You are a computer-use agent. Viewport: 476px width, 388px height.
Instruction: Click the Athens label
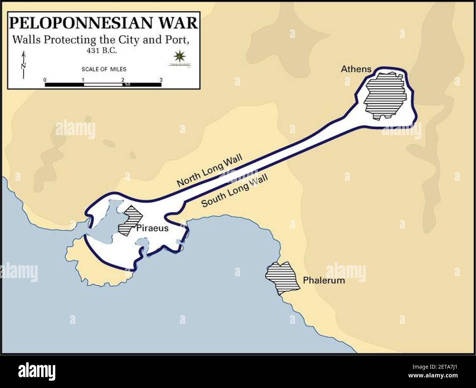356,69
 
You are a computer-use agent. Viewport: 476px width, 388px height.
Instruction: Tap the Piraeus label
152,228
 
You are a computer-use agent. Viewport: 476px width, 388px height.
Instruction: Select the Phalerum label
324,281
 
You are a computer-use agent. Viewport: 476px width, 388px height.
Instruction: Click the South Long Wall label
234,190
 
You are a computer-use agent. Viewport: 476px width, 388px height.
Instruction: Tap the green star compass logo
179,56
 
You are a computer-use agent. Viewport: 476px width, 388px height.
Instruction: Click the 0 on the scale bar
45,80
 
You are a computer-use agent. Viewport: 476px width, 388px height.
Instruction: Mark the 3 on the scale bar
161,80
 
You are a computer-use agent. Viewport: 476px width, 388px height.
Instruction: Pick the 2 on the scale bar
122,80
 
